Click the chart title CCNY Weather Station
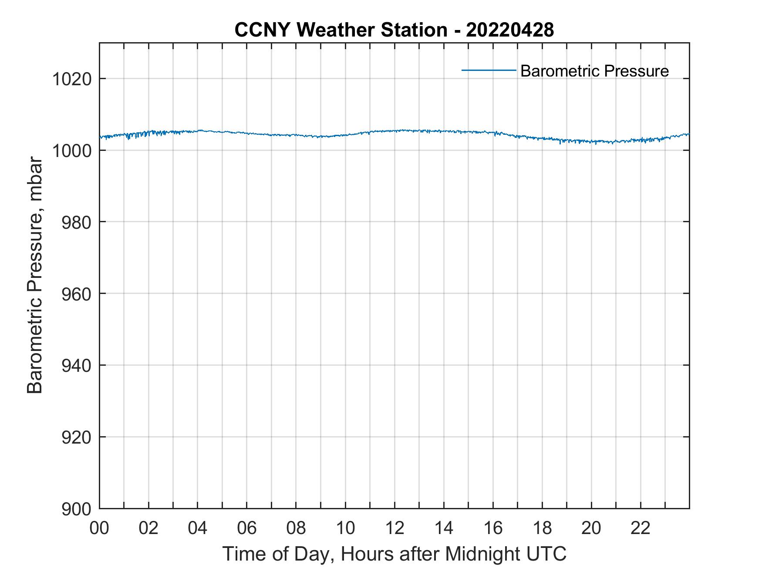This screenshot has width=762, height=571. [x=341, y=30]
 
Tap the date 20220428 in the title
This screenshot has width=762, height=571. [x=510, y=30]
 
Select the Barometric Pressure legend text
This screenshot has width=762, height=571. [x=594, y=71]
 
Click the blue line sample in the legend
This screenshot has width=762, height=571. [x=489, y=70]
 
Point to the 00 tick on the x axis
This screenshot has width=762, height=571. [x=99, y=528]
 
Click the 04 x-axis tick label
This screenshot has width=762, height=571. [x=198, y=528]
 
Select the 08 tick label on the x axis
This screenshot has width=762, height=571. [x=296, y=528]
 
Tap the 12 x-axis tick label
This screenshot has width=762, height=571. [x=394, y=528]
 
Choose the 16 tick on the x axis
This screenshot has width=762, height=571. [x=493, y=528]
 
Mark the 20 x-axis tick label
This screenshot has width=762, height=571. [x=591, y=528]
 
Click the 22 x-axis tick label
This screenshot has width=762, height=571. [x=641, y=528]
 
